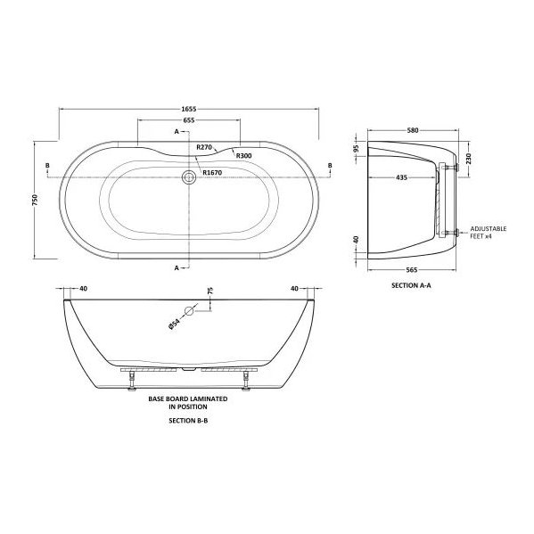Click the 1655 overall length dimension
click(189, 110)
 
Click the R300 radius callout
click(243, 155)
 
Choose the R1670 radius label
click(211, 172)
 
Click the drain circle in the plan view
click(188, 178)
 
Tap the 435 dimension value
click(402, 178)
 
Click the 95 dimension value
click(356, 149)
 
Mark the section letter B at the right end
click(329, 166)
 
